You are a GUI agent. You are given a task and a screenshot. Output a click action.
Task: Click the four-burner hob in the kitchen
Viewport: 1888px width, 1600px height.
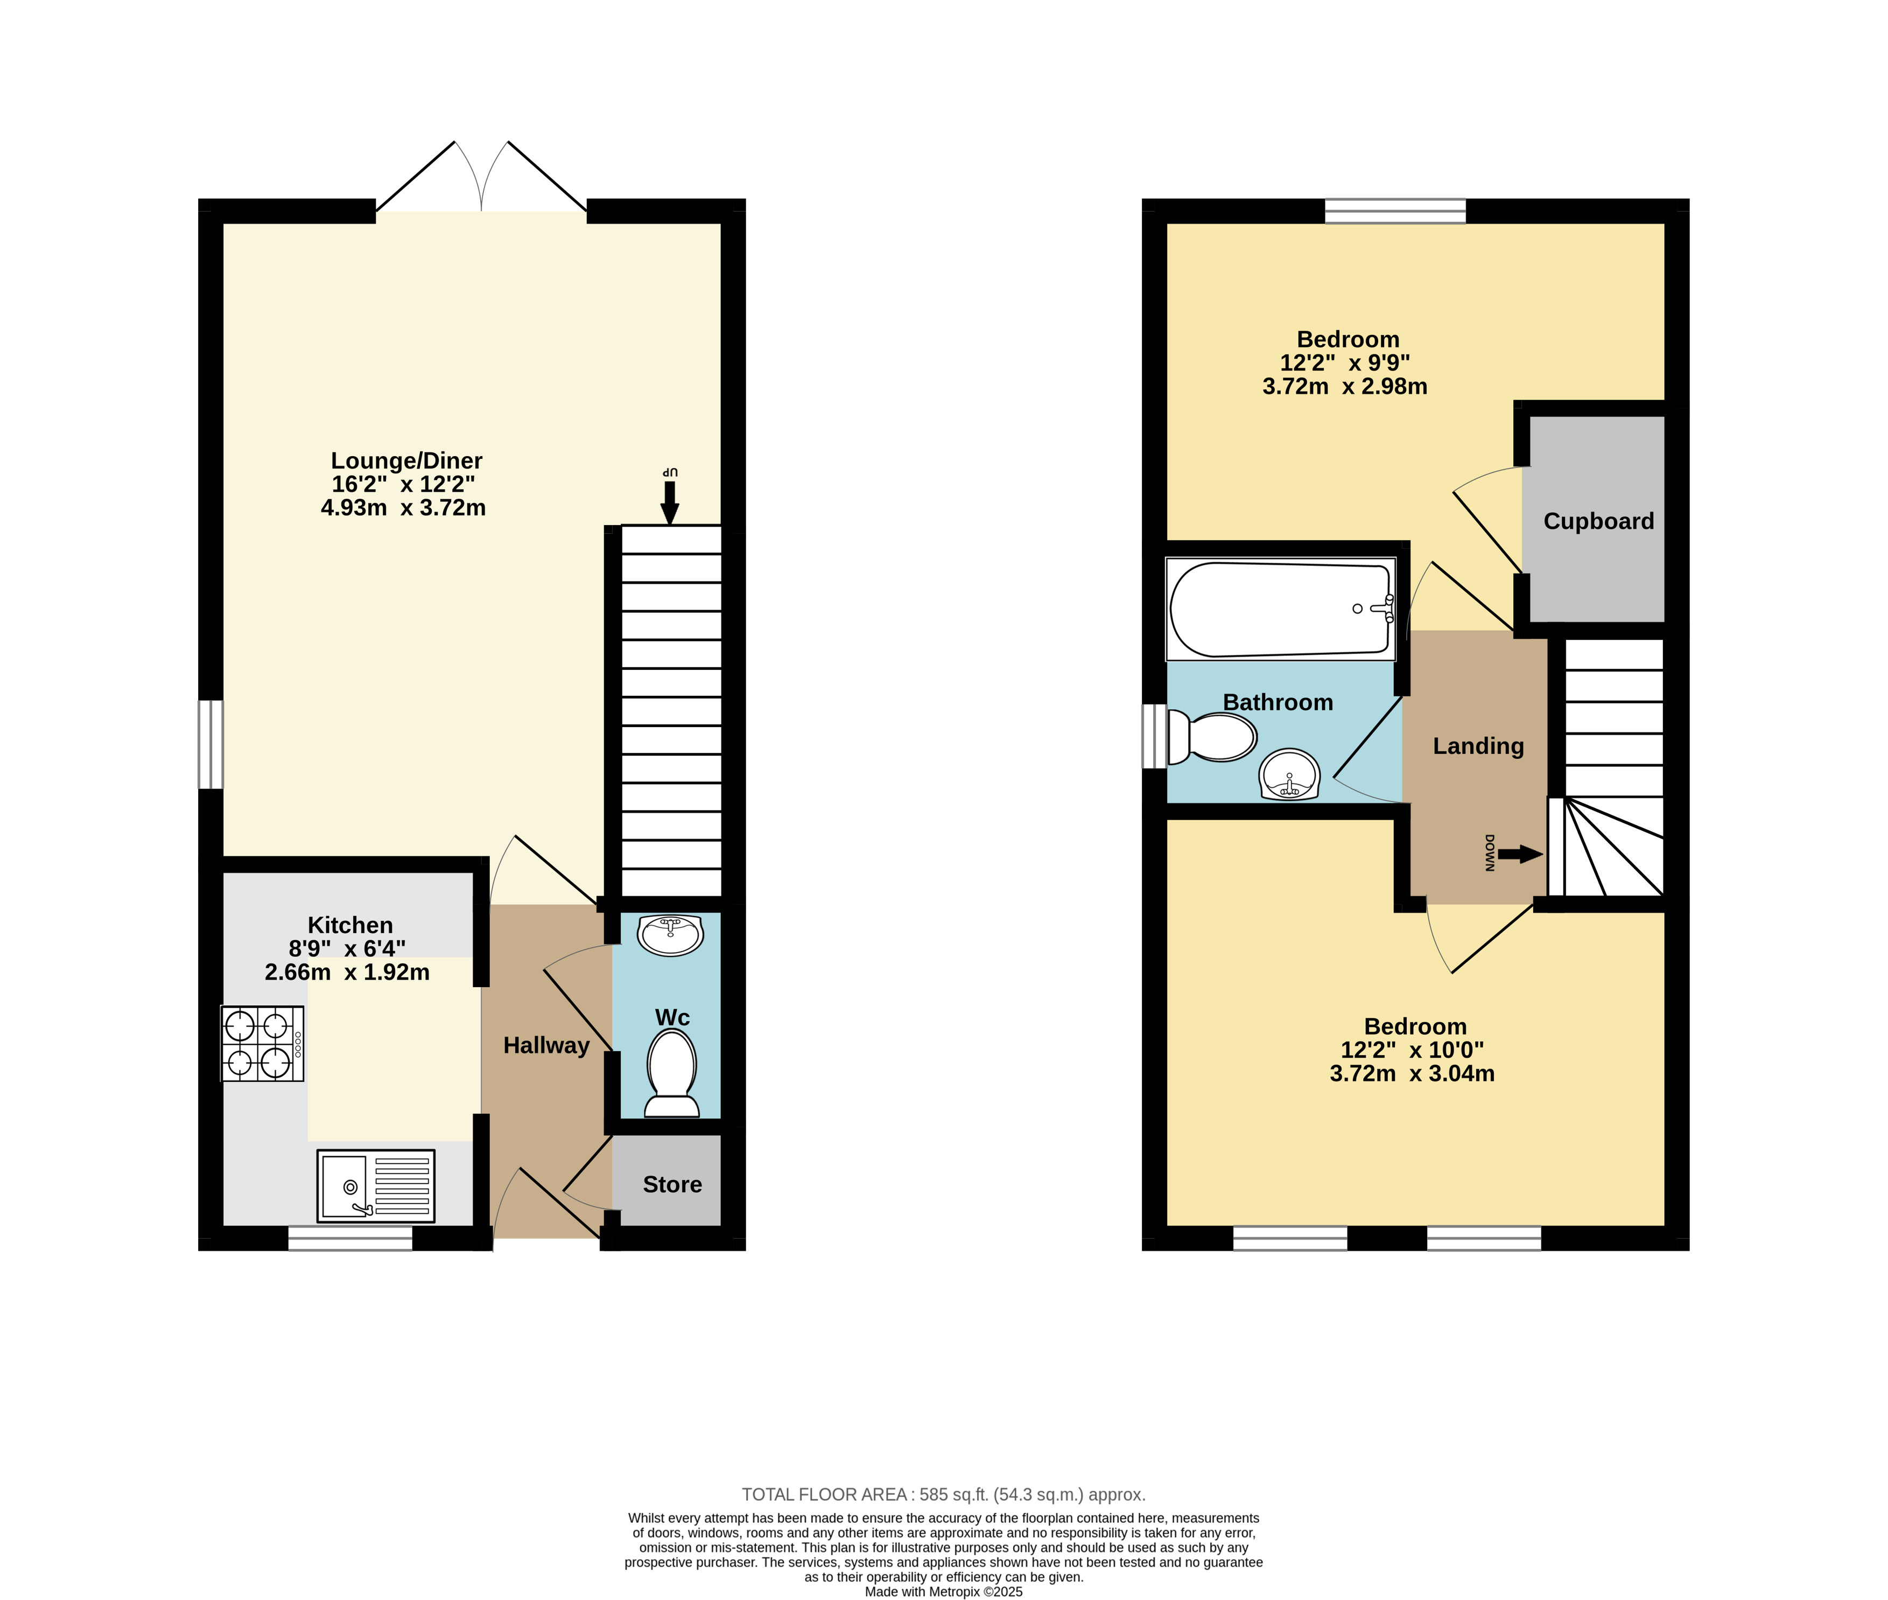[x=262, y=1043]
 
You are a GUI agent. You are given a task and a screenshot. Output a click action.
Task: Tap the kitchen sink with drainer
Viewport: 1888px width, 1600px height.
[x=375, y=1185]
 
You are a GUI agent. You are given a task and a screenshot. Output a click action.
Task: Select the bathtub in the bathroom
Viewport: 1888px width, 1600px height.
[x=1281, y=609]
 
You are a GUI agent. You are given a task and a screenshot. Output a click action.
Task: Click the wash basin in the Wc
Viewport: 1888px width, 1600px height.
[x=671, y=934]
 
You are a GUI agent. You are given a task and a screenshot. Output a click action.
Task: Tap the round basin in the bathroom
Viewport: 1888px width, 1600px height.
[x=1289, y=774]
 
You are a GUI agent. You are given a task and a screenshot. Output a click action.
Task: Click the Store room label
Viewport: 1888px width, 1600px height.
[x=672, y=1185]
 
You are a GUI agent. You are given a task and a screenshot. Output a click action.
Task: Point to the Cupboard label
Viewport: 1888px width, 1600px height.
[x=1599, y=521]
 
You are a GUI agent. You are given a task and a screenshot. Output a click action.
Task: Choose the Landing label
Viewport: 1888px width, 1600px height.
[x=1478, y=745]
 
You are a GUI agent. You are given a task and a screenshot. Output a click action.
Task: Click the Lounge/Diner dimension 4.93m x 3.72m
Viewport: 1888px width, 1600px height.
[x=404, y=508]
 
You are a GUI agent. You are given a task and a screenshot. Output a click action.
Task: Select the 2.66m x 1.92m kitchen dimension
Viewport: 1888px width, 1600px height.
[x=347, y=973]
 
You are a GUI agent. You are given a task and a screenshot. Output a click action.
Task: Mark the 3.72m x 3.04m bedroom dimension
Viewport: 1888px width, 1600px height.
[x=1413, y=1074]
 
